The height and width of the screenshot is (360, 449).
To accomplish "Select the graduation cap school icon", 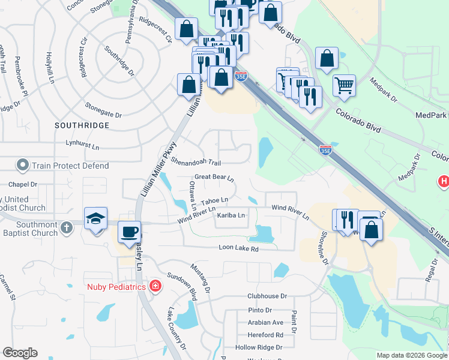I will click(x=95, y=219).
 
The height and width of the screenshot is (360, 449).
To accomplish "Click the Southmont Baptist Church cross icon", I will click(x=67, y=227).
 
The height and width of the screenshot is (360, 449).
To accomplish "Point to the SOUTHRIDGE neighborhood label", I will click(x=82, y=125).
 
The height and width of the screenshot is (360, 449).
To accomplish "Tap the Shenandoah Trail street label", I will click(x=196, y=162).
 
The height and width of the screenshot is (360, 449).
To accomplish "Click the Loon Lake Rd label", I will click(x=238, y=248).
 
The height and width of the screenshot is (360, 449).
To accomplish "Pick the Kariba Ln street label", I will click(x=231, y=215).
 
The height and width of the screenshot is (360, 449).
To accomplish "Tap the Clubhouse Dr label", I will click(x=268, y=296).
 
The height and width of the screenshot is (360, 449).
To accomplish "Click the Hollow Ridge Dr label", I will click(x=259, y=347).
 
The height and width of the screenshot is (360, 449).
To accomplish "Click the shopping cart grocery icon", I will click(x=344, y=85).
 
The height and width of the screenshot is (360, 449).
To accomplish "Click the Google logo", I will click(x=20, y=353).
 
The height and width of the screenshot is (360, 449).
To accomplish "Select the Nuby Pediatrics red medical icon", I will click(x=155, y=286).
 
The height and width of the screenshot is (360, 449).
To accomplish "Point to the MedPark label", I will click(x=431, y=115).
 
